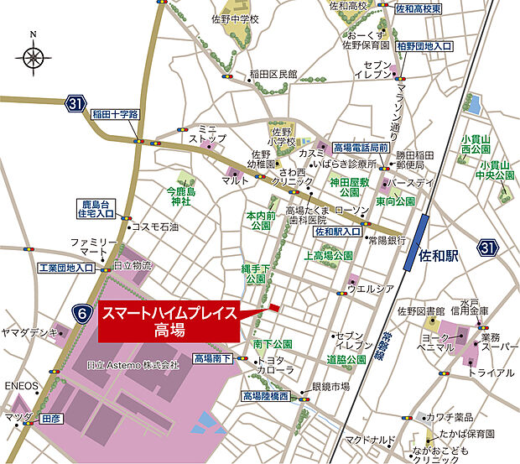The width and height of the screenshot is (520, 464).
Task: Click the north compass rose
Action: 33,58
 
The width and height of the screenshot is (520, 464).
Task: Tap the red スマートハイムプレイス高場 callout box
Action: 169,321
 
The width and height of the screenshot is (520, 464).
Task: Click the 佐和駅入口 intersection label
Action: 338,231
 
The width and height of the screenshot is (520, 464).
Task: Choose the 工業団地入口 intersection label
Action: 67,268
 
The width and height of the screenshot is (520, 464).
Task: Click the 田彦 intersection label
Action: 51,416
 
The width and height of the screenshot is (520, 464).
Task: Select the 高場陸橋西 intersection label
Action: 265,396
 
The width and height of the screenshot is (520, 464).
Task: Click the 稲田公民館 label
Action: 273,75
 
